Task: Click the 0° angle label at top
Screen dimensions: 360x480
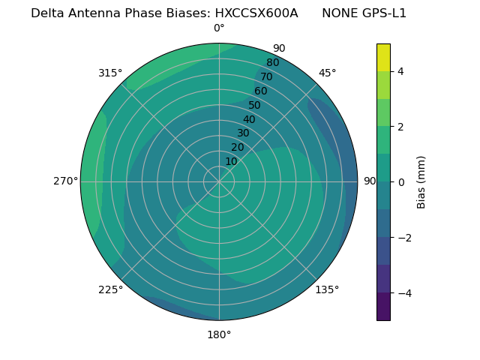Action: [219, 28]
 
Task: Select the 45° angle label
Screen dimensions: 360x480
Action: [327, 73]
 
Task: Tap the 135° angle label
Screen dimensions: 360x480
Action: [327, 289]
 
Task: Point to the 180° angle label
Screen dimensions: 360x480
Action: [219, 334]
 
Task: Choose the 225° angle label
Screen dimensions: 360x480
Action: [110, 289]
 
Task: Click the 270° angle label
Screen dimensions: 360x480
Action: [65, 181]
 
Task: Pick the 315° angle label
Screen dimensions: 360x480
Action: [110, 73]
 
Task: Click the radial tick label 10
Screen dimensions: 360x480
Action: [231, 161]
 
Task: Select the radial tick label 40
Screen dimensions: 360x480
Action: [249, 119]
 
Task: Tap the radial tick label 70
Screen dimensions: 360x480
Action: [266, 76]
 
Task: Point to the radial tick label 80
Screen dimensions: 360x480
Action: [272, 62]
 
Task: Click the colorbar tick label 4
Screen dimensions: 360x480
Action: [400, 71]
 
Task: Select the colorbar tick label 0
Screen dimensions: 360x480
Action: [400, 181]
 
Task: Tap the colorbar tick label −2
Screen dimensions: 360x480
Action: [403, 237]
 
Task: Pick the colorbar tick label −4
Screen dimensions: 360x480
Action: [403, 292]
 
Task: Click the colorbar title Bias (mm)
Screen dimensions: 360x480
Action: [421, 181]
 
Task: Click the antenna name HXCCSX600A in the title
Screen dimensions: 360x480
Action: [256, 13]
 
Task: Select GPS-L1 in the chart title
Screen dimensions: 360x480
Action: [385, 13]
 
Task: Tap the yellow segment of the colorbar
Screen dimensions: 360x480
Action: [383, 57]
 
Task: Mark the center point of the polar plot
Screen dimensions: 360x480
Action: [219, 181]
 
